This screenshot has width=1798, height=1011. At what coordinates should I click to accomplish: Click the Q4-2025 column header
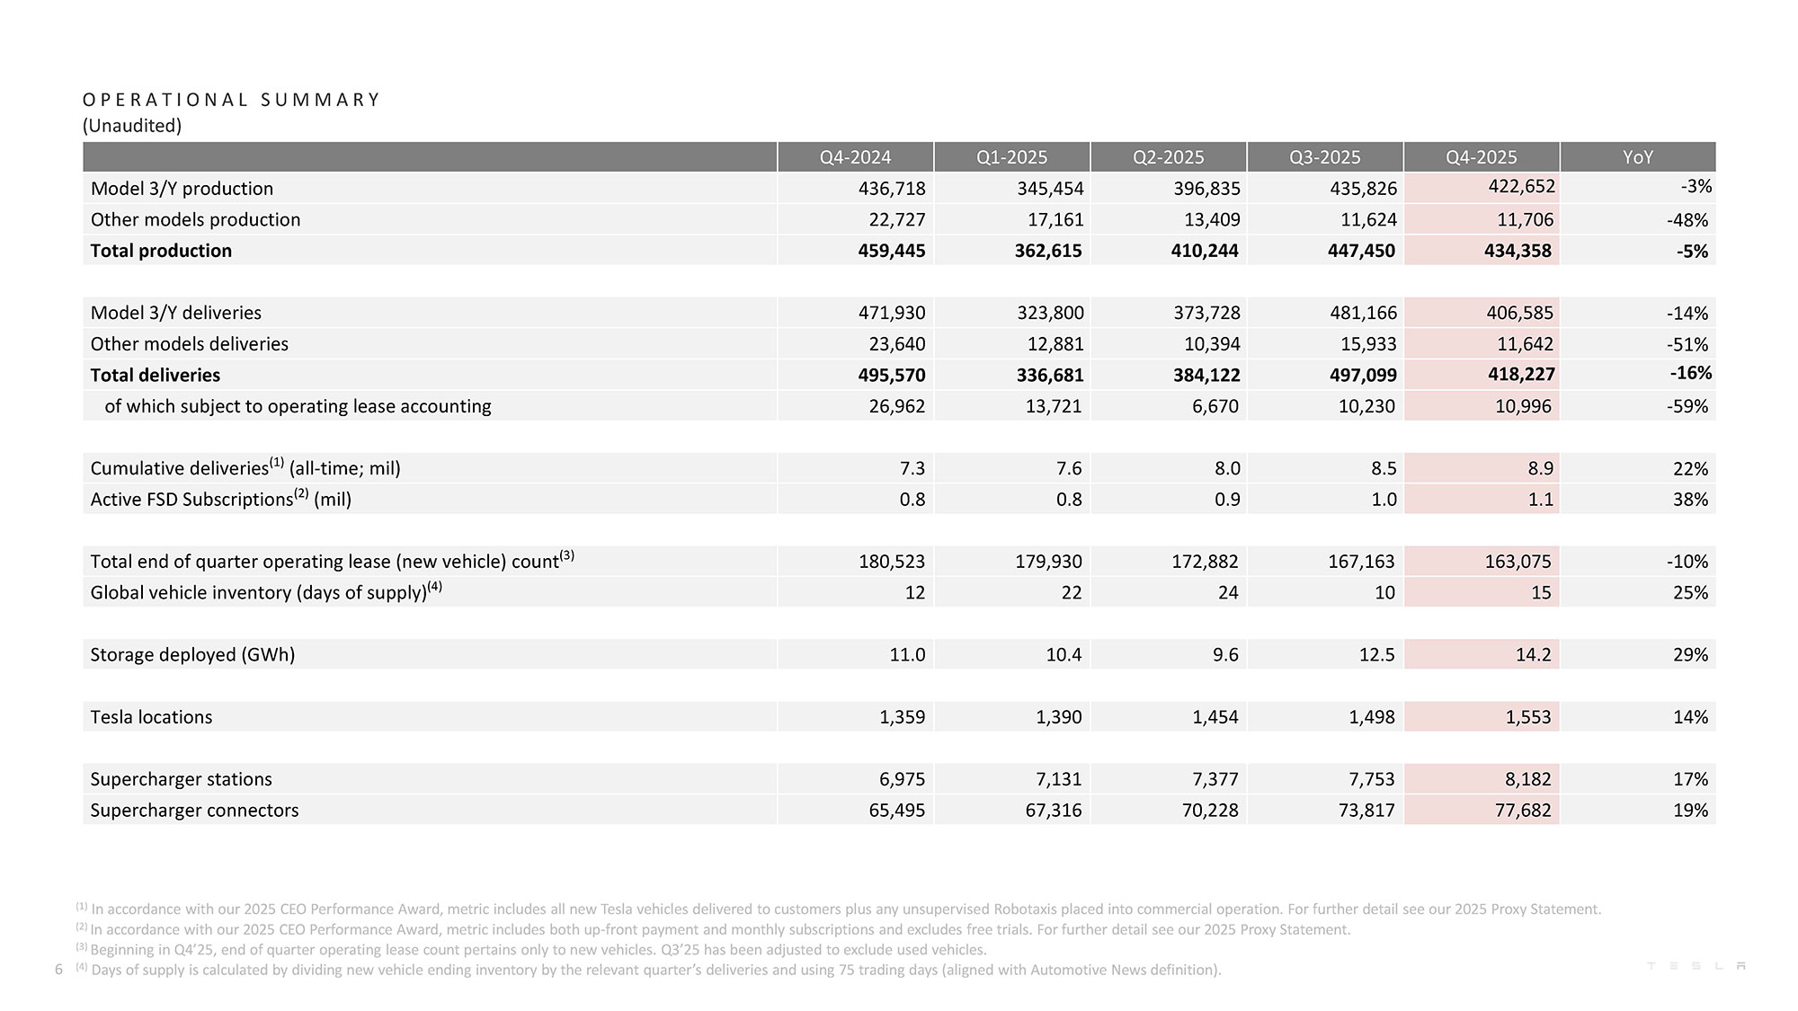point(1481,157)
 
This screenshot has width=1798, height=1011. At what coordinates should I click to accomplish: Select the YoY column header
point(1637,157)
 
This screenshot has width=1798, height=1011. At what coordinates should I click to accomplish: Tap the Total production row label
point(161,251)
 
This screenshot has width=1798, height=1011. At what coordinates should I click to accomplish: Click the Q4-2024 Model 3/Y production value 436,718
point(891,189)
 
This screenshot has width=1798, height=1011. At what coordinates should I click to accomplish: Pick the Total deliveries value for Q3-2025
point(1362,375)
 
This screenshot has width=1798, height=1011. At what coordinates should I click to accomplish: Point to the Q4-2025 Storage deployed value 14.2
point(1533,654)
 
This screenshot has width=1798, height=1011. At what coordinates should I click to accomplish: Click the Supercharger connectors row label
point(194,810)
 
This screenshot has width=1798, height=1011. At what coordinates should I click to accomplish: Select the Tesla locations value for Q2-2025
point(1215,717)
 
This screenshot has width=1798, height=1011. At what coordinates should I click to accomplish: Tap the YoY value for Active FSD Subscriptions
point(1689,500)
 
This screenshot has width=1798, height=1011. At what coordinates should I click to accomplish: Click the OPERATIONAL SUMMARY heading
point(231,100)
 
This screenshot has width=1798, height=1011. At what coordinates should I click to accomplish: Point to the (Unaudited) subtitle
point(132,126)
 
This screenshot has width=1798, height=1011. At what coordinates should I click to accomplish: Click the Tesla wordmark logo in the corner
point(1696,966)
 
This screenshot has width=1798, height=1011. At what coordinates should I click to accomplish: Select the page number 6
point(58,970)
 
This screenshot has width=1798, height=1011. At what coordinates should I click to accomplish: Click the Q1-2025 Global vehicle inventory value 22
point(1071,592)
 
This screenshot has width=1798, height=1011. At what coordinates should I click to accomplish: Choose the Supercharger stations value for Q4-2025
point(1527,779)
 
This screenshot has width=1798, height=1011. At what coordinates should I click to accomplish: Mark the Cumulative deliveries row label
point(245,468)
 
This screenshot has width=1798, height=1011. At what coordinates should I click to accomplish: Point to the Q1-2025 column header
point(1011,157)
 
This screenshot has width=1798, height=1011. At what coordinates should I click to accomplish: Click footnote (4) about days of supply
point(654,970)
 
